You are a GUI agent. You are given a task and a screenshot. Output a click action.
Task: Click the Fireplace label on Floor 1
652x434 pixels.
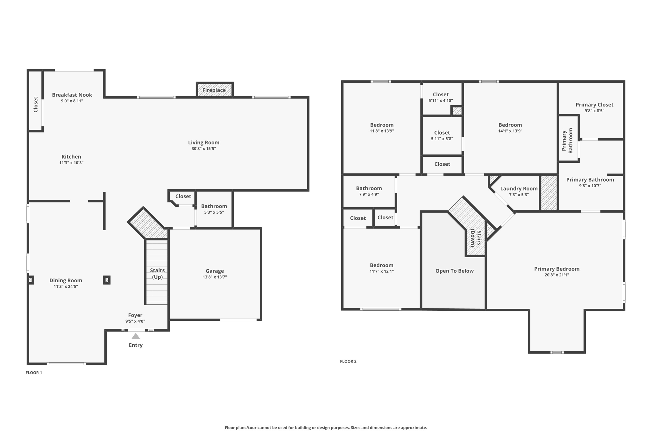tap(214, 90)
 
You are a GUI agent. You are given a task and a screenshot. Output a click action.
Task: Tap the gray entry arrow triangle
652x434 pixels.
tap(136, 336)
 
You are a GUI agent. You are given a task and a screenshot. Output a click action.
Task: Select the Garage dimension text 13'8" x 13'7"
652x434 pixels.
tap(215, 277)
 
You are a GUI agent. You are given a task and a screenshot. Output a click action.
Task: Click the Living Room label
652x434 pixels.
tap(203, 142)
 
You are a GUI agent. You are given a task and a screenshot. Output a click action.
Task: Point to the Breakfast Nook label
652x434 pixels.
tap(72, 95)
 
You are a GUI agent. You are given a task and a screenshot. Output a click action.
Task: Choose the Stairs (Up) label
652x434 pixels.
tap(157, 273)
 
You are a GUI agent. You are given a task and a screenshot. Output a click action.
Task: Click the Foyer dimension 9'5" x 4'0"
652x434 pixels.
tap(135, 321)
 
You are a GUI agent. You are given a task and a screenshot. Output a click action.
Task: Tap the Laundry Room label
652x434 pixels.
tap(519, 189)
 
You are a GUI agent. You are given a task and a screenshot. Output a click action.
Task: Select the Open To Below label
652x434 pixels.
tap(454, 271)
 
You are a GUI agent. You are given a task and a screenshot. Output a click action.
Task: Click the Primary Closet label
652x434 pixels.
tap(594, 105)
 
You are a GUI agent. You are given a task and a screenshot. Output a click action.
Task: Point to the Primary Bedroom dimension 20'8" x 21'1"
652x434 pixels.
tap(556, 275)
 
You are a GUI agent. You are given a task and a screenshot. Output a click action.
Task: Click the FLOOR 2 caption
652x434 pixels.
tap(348, 361)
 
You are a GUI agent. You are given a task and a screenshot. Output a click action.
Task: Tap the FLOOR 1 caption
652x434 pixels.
tap(34, 373)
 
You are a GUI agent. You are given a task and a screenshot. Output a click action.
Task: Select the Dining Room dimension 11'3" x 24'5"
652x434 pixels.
tap(66, 286)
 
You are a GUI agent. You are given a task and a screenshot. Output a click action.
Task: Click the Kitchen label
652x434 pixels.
tap(71, 156)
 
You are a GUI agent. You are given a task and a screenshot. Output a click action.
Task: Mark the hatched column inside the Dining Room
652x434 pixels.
tap(107, 280)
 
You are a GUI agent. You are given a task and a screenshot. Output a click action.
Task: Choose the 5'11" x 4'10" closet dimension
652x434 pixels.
tap(441, 100)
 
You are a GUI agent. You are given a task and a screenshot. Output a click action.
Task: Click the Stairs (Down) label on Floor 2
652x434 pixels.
tap(476, 238)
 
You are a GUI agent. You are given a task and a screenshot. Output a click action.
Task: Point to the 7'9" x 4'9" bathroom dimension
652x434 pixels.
tap(369, 194)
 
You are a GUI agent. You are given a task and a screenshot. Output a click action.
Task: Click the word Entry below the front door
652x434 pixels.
tap(136, 345)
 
